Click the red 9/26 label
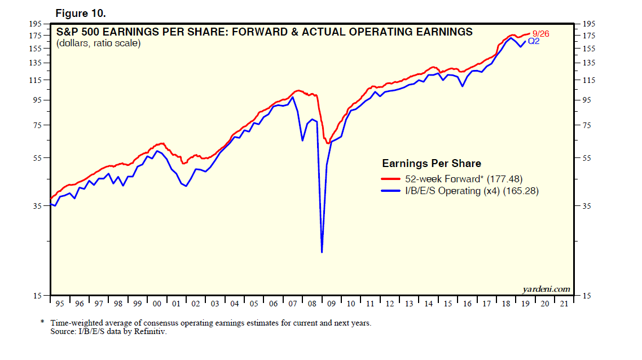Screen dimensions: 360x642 pos(540,34)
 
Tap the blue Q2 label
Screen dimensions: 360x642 pos(534,41)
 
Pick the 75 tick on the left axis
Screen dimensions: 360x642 pos(37,125)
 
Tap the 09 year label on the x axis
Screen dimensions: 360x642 pos(331,304)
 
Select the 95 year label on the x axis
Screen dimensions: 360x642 pos(60,304)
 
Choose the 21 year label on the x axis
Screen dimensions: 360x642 pos(564,304)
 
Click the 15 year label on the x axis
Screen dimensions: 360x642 pos(447,304)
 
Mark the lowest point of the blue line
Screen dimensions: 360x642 pos(322,252)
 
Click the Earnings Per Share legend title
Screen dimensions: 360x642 pos(432,164)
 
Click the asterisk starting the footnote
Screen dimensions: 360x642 pos(42,322)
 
